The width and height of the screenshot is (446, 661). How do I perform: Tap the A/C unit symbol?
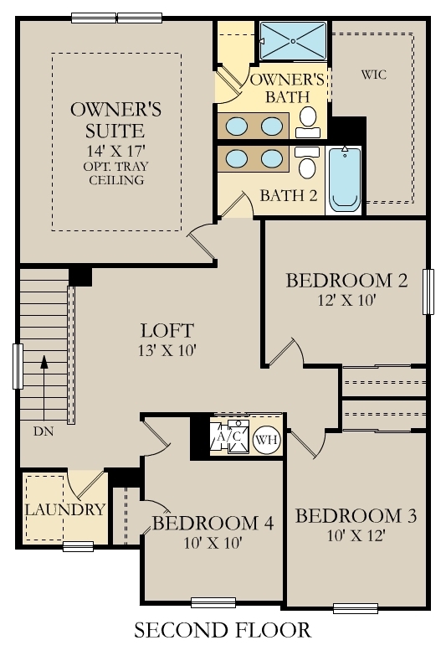pos(229,438)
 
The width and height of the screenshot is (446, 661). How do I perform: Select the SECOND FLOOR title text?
pos(222,630)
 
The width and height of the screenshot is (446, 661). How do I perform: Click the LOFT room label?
pos(167,330)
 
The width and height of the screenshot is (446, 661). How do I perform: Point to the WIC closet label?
pos(373,75)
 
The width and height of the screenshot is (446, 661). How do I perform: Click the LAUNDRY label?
pos(64,509)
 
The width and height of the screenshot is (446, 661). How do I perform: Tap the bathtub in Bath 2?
pos(344,178)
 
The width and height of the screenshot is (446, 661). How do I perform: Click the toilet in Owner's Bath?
pos(309,120)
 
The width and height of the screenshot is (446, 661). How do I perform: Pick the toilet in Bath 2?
pos(307,164)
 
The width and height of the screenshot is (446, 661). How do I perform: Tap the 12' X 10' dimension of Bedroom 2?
pos(346,300)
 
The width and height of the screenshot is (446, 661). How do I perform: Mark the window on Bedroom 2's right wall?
pos(429,292)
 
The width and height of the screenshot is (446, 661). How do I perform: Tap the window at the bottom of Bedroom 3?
pos(356,608)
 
